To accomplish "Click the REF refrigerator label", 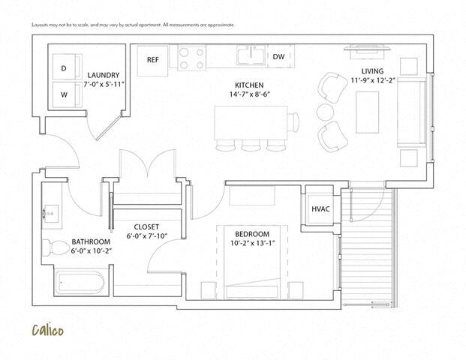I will pos(153,59).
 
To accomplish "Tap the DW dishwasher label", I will pos(278,56).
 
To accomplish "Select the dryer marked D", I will pos(63,67).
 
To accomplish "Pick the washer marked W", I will pos(63,94).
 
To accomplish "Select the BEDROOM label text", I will pos(247,234).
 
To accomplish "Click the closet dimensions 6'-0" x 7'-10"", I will pos(146,237).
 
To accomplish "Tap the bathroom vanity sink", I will pos(52,213).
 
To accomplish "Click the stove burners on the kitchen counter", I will pos(191,57).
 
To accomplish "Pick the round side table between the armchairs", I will pos(325,112).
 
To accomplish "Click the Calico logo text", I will pos(47,329).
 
